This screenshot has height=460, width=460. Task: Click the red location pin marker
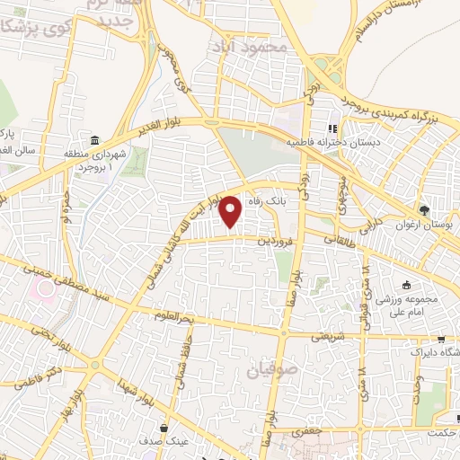pos(231,212)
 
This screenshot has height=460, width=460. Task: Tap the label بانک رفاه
pos(270,201)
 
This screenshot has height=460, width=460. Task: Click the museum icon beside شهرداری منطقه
pos(95,140)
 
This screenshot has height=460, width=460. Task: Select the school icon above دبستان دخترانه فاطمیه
pos(332,128)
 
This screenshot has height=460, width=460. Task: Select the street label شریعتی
pos(324,337)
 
